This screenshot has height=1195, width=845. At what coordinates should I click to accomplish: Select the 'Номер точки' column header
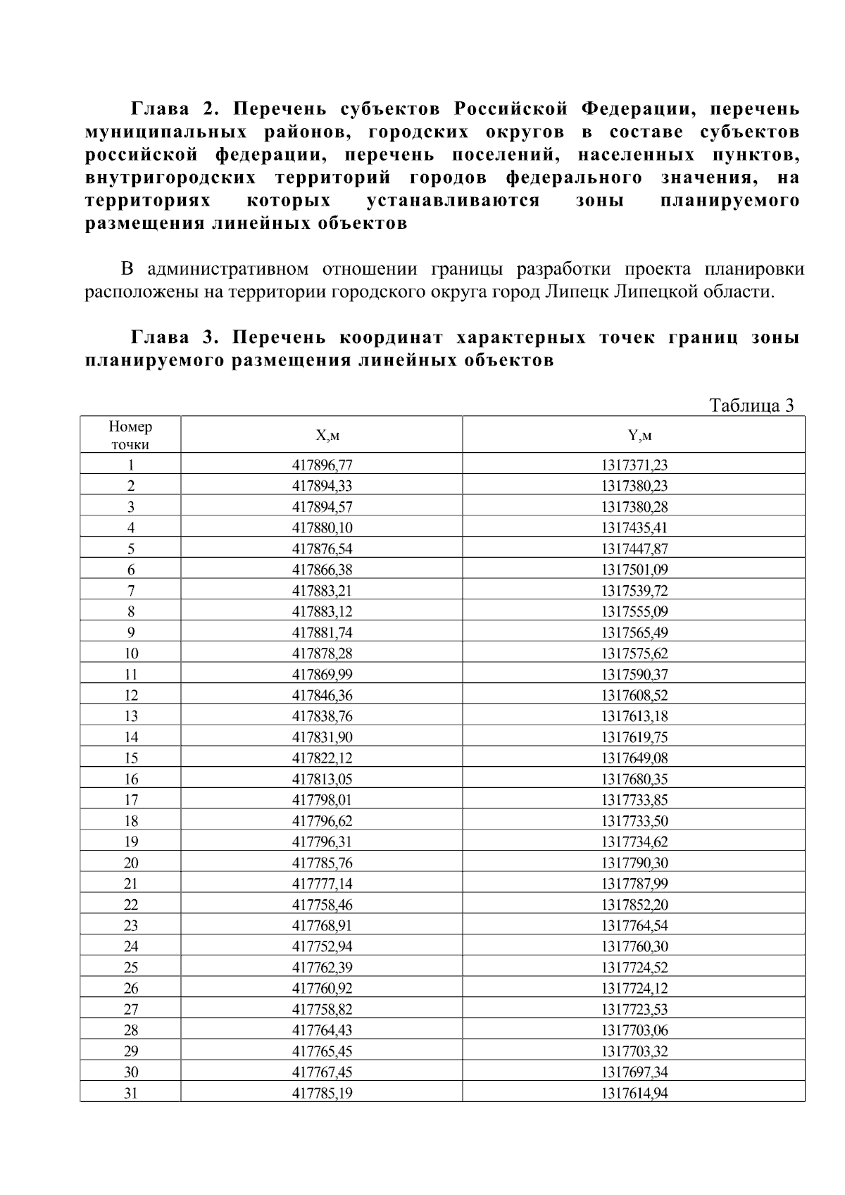pyautogui.click(x=130, y=435)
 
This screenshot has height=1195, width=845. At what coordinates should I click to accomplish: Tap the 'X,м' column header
pyautogui.click(x=322, y=435)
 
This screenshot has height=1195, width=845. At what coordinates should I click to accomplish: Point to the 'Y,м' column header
pyautogui.click(x=634, y=435)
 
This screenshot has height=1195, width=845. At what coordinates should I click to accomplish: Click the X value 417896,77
pyautogui.click(x=322, y=465)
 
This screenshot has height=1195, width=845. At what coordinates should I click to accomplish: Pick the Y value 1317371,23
pyautogui.click(x=634, y=465)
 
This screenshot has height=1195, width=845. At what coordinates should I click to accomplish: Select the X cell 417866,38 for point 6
pyautogui.click(x=322, y=570)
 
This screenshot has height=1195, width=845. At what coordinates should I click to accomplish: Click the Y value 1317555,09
pyautogui.click(x=634, y=611)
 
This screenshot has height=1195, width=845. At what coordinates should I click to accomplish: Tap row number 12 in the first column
pyautogui.click(x=131, y=695)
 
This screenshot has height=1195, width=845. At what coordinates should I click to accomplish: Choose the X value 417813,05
pyautogui.click(x=322, y=779)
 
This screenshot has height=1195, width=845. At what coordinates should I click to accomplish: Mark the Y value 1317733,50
pyautogui.click(x=634, y=821)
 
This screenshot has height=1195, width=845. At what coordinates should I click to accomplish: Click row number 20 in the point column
pyautogui.click(x=131, y=863)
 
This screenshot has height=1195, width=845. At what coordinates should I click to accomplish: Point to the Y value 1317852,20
pyautogui.click(x=634, y=905)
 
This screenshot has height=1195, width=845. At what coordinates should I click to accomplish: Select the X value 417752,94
pyautogui.click(x=322, y=946)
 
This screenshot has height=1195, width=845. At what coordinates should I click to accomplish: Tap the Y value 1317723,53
pyautogui.click(x=634, y=1009)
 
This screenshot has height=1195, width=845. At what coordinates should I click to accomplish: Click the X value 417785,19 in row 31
pyautogui.click(x=322, y=1093)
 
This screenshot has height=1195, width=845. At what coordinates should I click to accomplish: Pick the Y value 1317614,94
pyautogui.click(x=634, y=1093)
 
